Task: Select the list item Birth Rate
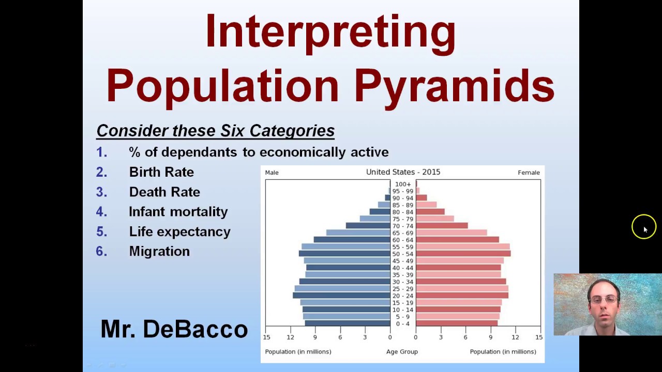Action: (x=161, y=172)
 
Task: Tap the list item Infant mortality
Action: (x=178, y=212)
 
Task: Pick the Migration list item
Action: (x=159, y=252)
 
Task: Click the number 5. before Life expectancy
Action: (x=101, y=231)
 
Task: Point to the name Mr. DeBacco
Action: (x=174, y=329)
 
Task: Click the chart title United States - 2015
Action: (x=403, y=172)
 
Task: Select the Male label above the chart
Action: (x=272, y=173)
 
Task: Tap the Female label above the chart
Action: (x=528, y=173)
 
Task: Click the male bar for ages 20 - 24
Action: (x=341, y=296)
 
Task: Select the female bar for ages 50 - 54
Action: (x=463, y=254)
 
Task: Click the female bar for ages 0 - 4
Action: (x=456, y=323)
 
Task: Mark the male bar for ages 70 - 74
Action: (x=368, y=226)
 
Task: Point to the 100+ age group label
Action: (x=403, y=184)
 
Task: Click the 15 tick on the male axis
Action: (x=266, y=337)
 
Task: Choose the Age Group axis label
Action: (x=402, y=352)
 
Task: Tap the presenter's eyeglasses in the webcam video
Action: (x=604, y=299)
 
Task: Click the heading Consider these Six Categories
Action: (x=215, y=131)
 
